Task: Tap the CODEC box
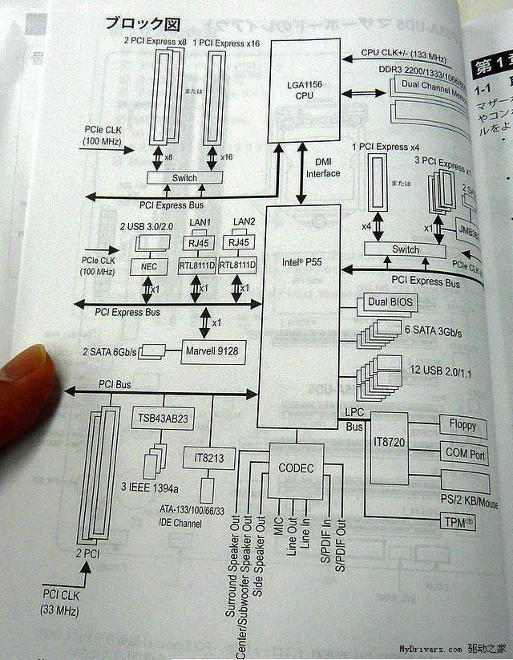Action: coord(296,468)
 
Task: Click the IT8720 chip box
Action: coord(387,442)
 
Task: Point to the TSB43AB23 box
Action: coord(162,418)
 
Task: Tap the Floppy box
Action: coord(462,426)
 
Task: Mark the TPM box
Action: coord(458,521)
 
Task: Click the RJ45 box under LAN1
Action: coord(197,243)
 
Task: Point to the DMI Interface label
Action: coord(323,168)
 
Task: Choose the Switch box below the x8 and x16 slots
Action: coord(184,177)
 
